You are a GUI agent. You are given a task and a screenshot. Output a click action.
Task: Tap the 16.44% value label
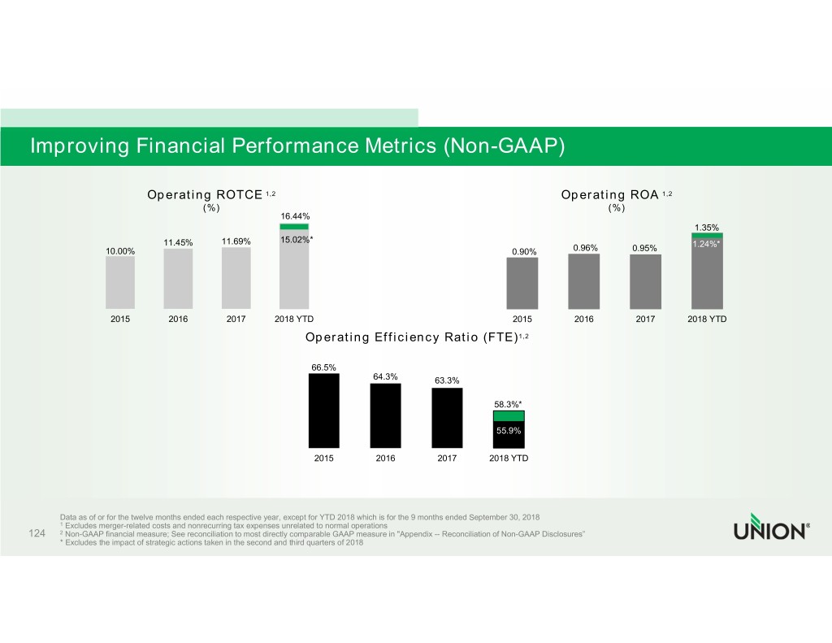[294, 215]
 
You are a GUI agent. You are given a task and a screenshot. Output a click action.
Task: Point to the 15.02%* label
[297, 239]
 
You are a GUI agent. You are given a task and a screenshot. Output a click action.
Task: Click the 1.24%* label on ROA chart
[707, 244]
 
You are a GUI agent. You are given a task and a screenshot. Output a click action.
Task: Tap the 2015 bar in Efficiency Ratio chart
[324, 411]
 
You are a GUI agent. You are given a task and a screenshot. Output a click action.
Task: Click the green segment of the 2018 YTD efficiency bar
[509, 415]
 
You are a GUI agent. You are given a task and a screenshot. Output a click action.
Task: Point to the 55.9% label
[509, 431]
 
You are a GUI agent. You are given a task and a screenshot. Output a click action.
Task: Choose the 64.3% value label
[385, 376]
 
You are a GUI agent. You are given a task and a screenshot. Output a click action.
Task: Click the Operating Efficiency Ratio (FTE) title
[418, 337]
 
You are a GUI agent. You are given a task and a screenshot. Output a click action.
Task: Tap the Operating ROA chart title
[616, 194]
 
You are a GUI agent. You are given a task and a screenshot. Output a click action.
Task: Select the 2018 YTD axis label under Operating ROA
[707, 319]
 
